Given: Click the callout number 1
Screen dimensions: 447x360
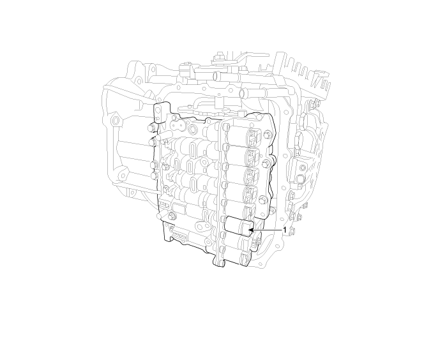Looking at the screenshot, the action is click(x=284, y=230).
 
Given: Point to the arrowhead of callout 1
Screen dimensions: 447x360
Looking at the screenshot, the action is click(x=251, y=230).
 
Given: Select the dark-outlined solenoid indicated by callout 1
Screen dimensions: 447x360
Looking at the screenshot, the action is click(x=239, y=226).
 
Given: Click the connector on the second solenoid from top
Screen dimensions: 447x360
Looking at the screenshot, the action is click(x=253, y=156).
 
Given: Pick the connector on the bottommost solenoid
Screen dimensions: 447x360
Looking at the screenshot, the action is click(x=246, y=258).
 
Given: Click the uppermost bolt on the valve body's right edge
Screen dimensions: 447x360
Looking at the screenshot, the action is click(x=267, y=133).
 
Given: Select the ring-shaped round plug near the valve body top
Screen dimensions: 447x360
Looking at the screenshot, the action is click(x=193, y=130).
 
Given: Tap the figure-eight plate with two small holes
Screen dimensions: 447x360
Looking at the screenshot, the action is click(x=178, y=124).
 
